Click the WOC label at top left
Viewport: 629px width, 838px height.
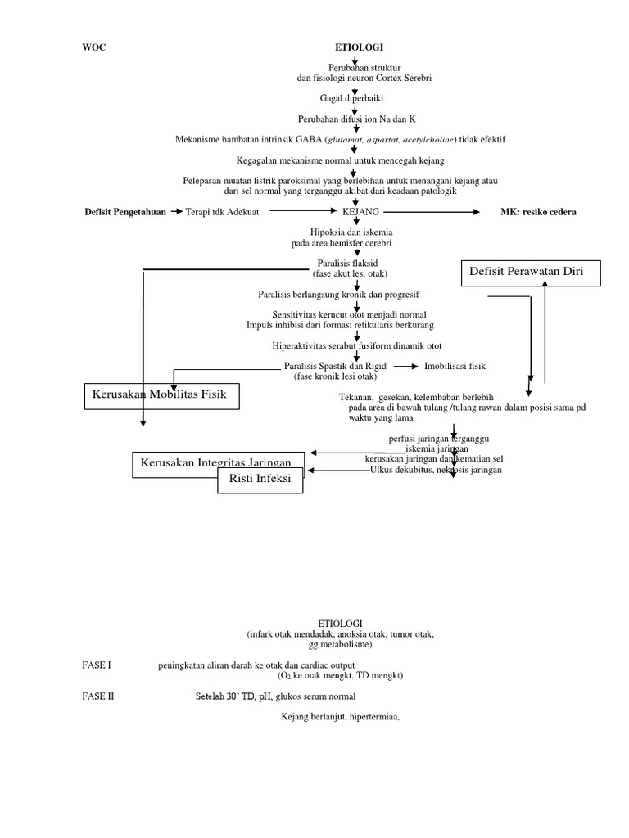(95, 48)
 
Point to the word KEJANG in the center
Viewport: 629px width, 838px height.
(360, 211)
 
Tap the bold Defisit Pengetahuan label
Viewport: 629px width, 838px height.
(124, 211)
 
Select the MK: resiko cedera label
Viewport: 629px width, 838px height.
(538, 211)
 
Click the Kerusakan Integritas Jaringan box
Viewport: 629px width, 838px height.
(218, 463)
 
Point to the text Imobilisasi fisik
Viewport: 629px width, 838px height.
(455, 367)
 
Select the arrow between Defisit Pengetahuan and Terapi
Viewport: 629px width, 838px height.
(176, 211)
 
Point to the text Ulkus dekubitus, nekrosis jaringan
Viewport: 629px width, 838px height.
(437, 470)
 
